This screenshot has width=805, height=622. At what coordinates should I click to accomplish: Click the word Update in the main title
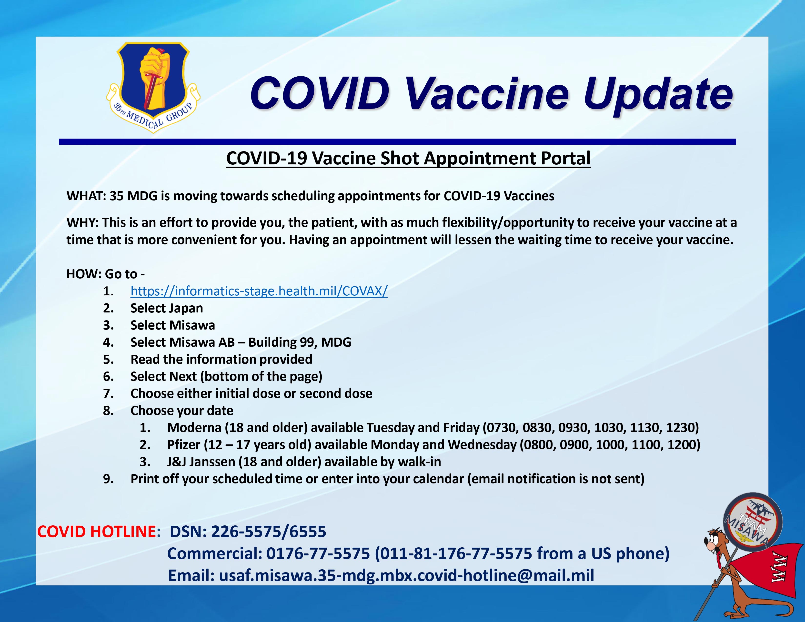tap(658, 95)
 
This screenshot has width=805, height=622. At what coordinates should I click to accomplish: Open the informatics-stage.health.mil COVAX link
tap(259, 291)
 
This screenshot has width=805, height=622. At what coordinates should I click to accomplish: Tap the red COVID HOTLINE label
tap(97, 531)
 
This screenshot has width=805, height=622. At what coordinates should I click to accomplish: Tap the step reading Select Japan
tap(167, 308)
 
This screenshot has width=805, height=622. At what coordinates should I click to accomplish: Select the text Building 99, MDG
tap(300, 342)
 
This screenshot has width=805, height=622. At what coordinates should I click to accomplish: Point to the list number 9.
tap(108, 479)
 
